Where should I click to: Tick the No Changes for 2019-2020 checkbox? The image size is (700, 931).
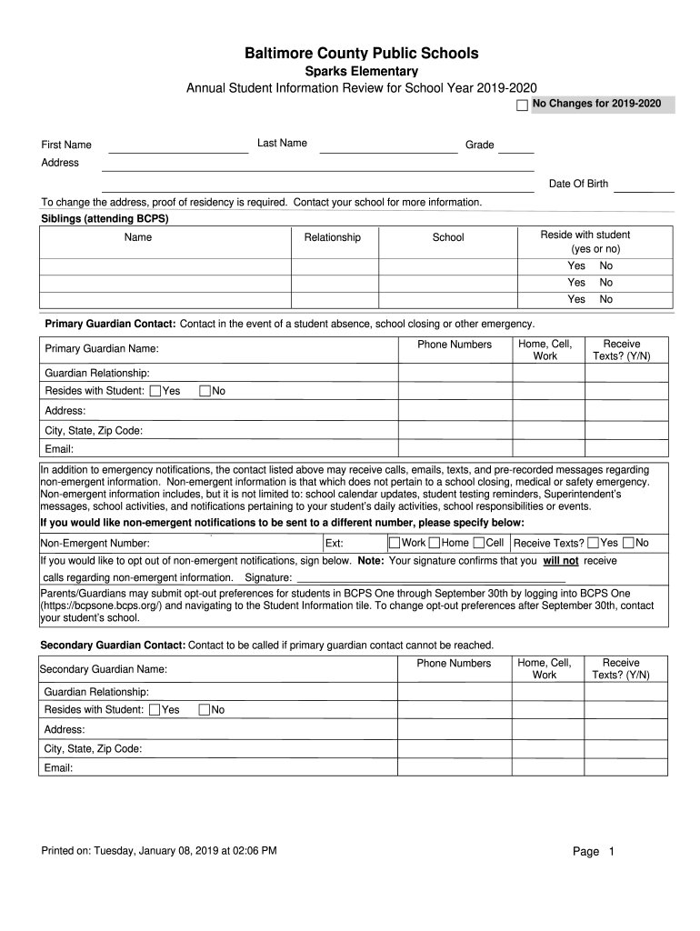click(522, 106)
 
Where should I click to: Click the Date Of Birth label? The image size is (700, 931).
click(578, 184)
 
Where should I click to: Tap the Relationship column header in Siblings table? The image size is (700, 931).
click(332, 237)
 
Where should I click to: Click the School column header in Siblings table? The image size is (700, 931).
click(448, 237)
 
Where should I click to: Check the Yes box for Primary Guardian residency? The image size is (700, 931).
click(155, 391)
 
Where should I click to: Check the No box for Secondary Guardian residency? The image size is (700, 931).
click(205, 709)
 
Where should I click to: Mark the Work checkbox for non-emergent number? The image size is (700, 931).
click(395, 543)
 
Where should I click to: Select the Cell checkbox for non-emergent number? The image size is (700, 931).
click(479, 543)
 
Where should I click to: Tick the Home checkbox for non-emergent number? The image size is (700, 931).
click(435, 543)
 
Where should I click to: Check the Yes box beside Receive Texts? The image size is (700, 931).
click(593, 543)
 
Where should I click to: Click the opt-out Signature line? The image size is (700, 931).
click(431, 577)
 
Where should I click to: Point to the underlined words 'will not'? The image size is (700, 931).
click(561, 561)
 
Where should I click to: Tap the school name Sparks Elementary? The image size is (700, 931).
click(361, 71)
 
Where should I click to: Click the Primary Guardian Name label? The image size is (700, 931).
click(102, 349)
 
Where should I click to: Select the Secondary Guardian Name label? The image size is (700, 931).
click(104, 669)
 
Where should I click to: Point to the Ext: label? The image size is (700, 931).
click(334, 544)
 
